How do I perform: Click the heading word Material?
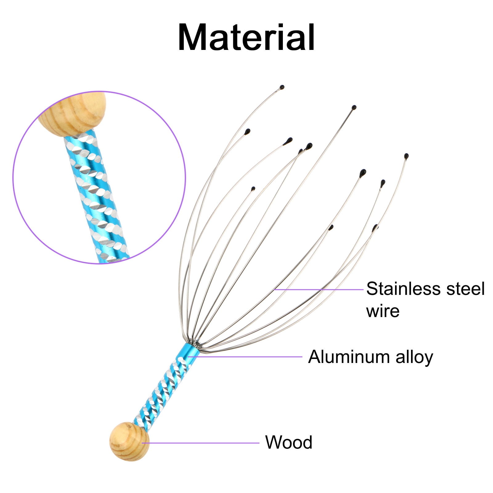pyautogui.click(x=246, y=38)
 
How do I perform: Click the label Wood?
pyautogui.click(x=289, y=442)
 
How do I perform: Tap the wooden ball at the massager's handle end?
pyautogui.click(x=129, y=441)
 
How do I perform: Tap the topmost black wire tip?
pyautogui.click(x=282, y=88)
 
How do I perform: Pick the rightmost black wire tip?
pyautogui.click(x=406, y=156)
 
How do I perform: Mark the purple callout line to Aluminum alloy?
pyautogui.click(x=246, y=357)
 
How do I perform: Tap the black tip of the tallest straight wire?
pyautogui.click(x=354, y=108)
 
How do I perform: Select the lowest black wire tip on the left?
pyautogui.click(x=253, y=189)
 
